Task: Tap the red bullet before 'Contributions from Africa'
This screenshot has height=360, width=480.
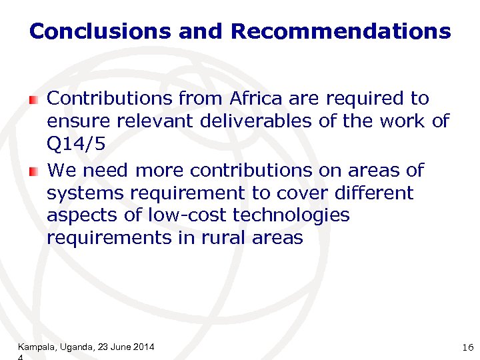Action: click(33, 100)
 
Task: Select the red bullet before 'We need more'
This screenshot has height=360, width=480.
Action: click(33, 172)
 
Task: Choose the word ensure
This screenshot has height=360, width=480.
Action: click(74, 121)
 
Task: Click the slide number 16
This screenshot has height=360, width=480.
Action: click(466, 347)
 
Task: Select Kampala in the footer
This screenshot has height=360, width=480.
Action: click(36, 347)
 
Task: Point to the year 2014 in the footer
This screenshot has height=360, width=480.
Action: click(144, 347)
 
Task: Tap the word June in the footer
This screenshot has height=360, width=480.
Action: click(120, 347)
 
